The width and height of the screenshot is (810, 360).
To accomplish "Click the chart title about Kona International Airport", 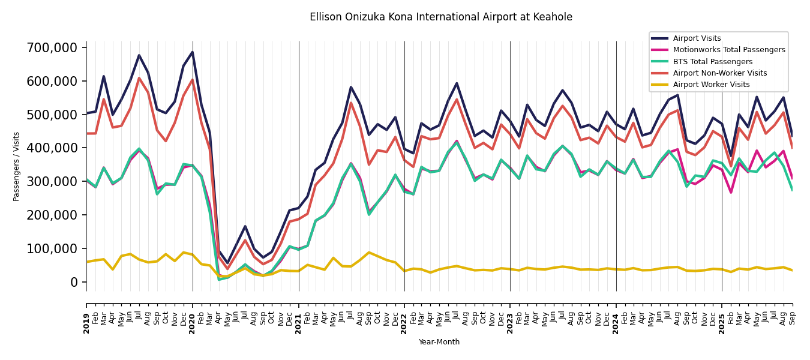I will tap(441, 17).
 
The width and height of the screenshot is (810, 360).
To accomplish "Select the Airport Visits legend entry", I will tap(697, 38).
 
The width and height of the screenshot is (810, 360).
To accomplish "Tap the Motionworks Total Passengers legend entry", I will tap(728, 50).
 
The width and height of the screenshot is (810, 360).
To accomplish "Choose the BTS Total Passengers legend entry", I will tap(712, 62).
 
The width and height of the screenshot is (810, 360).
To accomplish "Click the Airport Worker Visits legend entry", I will tap(711, 85).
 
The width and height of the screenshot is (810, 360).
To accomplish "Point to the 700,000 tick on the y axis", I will tap(53, 47).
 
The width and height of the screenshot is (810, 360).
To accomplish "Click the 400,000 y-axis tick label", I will tap(53, 148).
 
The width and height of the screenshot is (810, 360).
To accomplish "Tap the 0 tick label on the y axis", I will tap(74, 282).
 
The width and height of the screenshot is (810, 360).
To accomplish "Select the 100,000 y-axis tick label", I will tap(53, 248).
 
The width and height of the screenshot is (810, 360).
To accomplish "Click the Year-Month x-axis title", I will tap(439, 342).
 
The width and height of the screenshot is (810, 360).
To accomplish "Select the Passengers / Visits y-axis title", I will tap(17, 166).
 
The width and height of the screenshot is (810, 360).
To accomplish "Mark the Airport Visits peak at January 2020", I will tap(192, 52).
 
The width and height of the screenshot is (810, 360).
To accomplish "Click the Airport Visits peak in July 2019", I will tap(139, 55).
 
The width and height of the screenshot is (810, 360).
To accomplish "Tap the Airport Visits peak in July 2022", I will tap(457, 83).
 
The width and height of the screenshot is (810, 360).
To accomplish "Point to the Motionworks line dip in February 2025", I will tap(731, 193).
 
